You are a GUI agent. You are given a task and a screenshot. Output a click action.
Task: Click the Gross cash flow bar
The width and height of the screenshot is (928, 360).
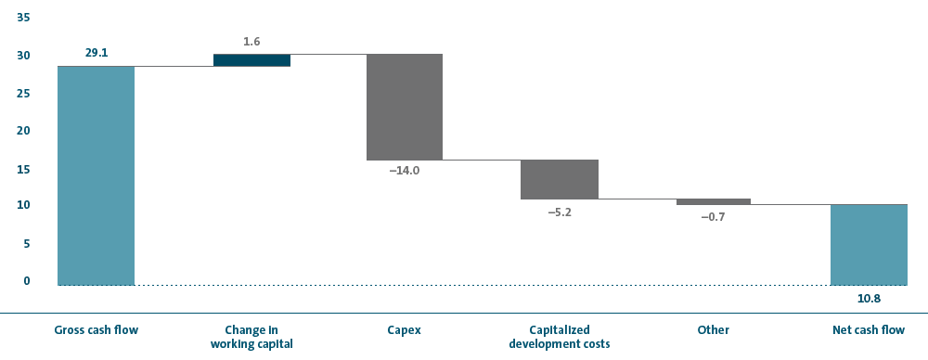click(96, 176)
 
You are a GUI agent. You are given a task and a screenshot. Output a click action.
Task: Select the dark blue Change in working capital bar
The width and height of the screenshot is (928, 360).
click(251, 60)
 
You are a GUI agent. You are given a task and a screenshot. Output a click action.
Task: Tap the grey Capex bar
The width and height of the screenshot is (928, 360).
click(405, 108)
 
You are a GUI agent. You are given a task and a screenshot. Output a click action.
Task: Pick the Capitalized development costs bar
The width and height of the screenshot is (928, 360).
click(560, 179)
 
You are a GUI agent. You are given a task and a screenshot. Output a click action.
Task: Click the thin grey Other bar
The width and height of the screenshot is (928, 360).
click(713, 202)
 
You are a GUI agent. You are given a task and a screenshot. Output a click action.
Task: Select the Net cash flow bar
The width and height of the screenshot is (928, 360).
click(869, 245)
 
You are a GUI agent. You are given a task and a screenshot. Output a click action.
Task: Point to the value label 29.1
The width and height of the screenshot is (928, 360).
click(96, 53)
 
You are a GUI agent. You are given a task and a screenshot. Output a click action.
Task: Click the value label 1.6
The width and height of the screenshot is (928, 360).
click(251, 42)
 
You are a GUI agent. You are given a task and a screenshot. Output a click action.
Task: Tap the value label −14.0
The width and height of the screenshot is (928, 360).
click(405, 172)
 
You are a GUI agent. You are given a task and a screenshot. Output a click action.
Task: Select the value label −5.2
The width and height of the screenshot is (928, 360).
click(560, 212)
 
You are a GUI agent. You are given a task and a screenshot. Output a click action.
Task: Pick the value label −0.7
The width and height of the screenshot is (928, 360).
click(713, 217)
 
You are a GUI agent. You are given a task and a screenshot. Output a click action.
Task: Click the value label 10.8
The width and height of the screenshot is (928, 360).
click(869, 299)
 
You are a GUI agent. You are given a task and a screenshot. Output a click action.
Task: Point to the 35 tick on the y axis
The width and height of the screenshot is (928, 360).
click(23, 18)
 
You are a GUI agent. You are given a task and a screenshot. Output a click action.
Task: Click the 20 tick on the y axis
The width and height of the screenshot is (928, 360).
click(23, 131)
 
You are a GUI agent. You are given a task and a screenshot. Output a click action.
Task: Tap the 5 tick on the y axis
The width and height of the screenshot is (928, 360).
click(26, 244)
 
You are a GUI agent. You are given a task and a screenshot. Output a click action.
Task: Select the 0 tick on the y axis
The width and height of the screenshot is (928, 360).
click(26, 281)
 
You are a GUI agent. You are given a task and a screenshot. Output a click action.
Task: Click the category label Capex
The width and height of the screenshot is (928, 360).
click(405, 330)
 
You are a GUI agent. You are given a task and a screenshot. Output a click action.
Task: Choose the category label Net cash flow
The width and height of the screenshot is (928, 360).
click(869, 330)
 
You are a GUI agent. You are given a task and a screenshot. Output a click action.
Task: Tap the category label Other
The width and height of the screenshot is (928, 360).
click(713, 330)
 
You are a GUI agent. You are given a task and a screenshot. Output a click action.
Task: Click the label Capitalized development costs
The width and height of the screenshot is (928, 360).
click(560, 337)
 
